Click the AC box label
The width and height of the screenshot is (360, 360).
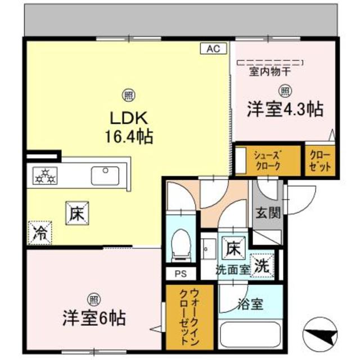pyautogui.click(x=213, y=49)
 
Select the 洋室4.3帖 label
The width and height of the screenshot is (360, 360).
pyautogui.click(x=285, y=109)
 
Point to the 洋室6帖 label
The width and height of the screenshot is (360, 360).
pyautogui.click(x=93, y=318)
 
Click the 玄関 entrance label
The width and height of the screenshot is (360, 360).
pyautogui.click(x=267, y=215)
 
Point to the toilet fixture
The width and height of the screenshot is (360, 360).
pyautogui.click(x=181, y=245)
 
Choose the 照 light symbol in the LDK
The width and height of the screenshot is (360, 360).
pyautogui.click(x=128, y=94)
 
